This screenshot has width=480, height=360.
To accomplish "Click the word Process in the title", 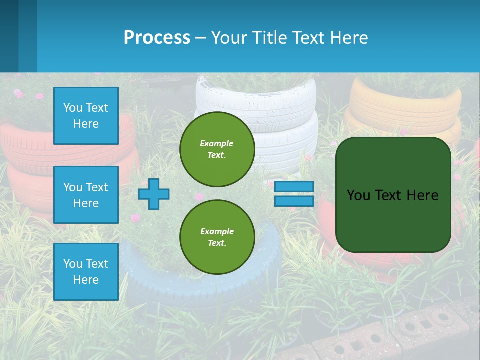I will coord(157,38).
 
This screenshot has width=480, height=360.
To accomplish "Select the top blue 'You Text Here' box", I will coord(86,116).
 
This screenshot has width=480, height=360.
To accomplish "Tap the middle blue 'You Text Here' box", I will coord(86,195).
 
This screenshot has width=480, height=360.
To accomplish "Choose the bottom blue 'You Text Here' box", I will coord(86,271).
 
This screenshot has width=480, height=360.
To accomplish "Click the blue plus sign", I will coord(154,194).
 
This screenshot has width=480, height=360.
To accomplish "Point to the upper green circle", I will coord(217,149).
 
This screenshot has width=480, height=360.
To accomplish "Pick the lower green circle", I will coord(217,237).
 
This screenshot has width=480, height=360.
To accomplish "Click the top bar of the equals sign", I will coord(294,187).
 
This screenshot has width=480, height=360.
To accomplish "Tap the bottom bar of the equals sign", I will coord(294,201).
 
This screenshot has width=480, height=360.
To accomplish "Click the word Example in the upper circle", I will coord(216,143).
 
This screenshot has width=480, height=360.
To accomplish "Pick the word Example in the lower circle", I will coord(217,231).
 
